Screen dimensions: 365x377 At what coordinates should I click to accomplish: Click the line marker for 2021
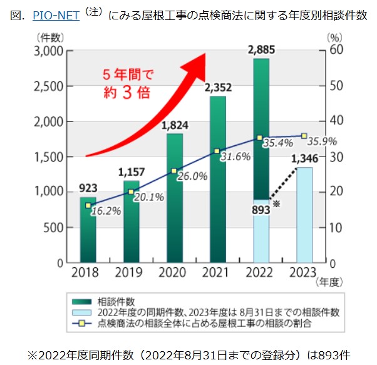click(217, 151)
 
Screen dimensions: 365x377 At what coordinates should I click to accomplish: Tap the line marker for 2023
click(304, 136)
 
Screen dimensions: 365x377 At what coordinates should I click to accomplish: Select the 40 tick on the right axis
click(336, 121)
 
